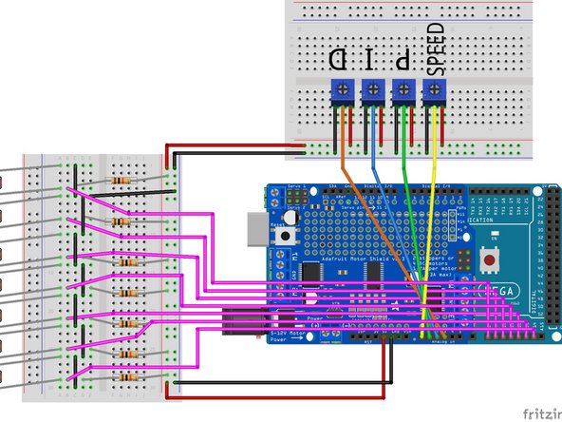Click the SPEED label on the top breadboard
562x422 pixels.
(x=436, y=54)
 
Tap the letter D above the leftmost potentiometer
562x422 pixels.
(x=338, y=60)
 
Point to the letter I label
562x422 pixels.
(x=371, y=60)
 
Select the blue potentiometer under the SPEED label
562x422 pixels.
(x=436, y=92)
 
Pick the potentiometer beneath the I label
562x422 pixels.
(x=371, y=92)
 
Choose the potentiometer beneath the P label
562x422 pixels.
(x=403, y=92)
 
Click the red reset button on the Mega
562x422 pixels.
(x=491, y=259)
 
